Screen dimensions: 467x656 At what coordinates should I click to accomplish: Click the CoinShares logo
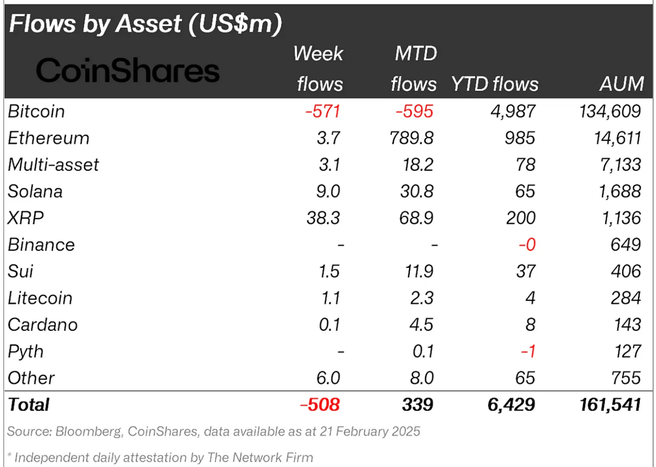point(128,70)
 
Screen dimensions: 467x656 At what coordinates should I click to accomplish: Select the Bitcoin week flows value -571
point(323,111)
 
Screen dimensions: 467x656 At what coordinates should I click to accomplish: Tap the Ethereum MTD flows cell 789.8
point(412,138)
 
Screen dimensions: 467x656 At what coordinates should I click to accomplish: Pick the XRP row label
point(26,218)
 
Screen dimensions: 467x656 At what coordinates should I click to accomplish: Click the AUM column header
point(622,84)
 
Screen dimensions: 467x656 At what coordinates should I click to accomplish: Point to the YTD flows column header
point(494,84)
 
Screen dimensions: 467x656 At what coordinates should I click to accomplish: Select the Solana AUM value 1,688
point(620,192)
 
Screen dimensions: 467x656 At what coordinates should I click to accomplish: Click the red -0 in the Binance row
point(527,245)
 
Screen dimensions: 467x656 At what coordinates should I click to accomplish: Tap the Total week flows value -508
point(320,405)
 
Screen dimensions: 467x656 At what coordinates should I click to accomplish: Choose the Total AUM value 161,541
point(610,405)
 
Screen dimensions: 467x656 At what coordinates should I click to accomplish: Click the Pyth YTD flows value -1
point(528,351)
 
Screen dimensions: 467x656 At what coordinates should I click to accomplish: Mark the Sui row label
point(21,272)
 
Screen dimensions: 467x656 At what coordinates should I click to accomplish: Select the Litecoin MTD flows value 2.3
point(422,298)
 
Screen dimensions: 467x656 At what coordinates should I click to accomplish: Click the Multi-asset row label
point(53,165)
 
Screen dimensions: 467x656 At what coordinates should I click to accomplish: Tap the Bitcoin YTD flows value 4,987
point(513,111)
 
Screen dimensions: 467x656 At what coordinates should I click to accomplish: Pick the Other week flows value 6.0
point(328,378)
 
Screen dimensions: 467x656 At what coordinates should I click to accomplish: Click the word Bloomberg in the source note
point(88,432)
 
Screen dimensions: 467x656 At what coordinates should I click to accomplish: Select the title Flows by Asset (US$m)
point(145,23)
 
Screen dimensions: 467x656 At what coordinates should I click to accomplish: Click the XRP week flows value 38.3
point(323,218)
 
